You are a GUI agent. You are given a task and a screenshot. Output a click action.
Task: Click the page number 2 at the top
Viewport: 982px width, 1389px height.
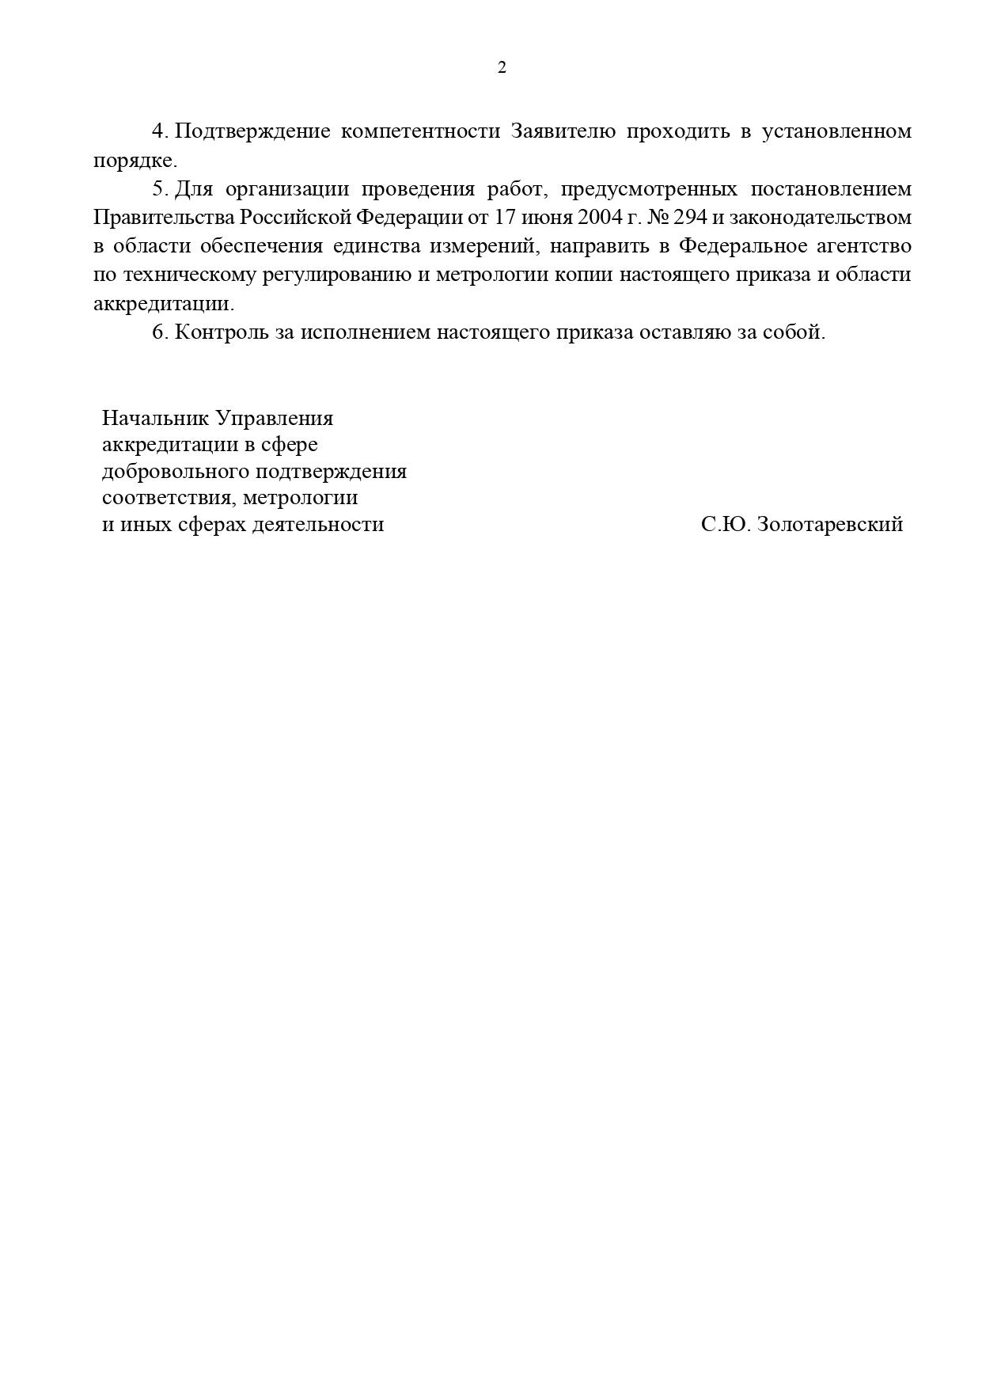coord(502,68)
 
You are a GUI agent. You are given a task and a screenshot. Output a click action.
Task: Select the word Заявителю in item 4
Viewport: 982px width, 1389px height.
coord(563,131)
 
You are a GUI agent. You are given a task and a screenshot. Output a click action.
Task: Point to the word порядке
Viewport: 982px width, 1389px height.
coord(135,161)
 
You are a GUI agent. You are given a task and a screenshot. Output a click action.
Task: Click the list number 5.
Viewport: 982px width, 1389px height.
coord(160,189)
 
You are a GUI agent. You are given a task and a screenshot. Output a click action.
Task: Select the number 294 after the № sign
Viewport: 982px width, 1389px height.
coord(690,218)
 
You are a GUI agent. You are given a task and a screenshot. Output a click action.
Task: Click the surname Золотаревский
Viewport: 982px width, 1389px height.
coord(830,525)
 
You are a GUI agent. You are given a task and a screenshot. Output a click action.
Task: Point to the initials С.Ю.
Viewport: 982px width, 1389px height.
coord(725,525)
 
